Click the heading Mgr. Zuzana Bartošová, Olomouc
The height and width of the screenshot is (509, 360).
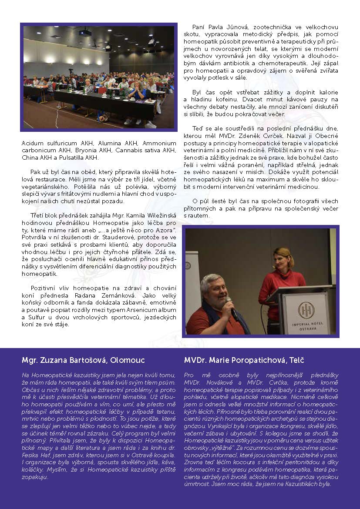(x=83, y=360)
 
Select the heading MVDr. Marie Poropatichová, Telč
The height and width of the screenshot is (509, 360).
(x=244, y=360)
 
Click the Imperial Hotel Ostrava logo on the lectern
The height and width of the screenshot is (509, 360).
(x=304, y=310)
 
